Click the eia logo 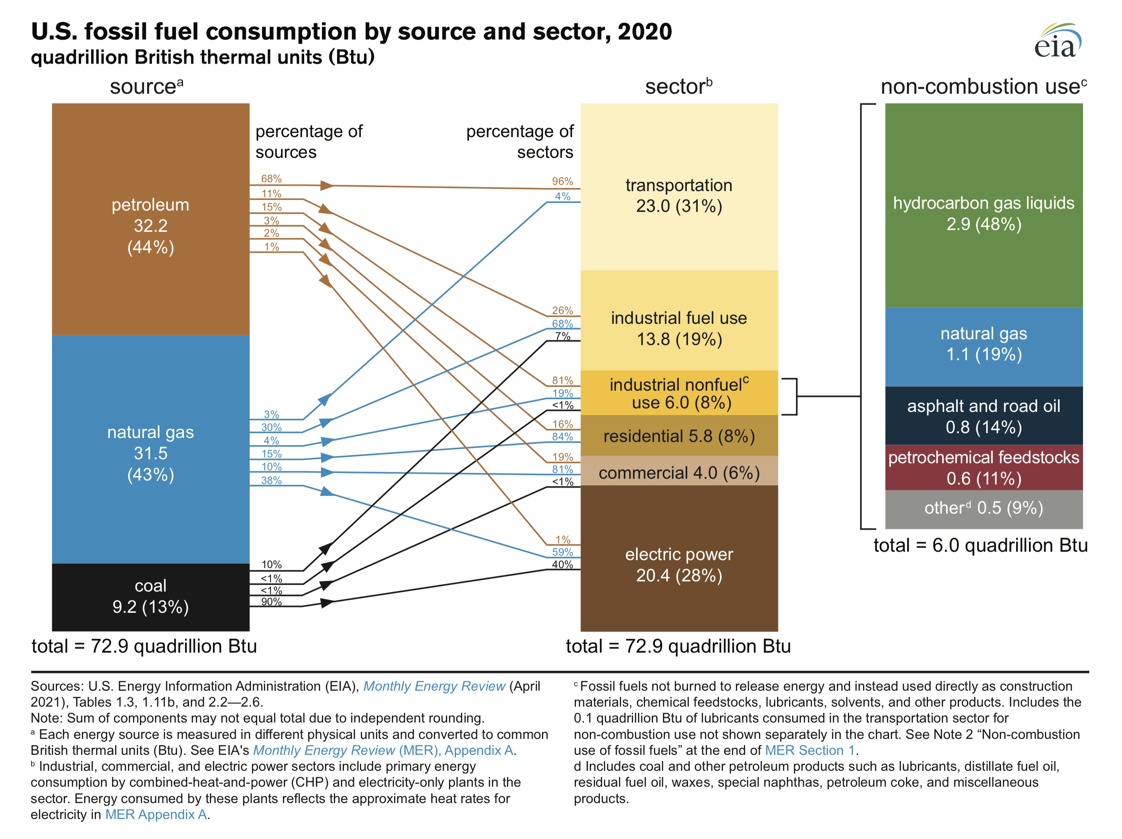[1057, 42]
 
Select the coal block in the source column [151, 597]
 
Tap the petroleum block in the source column [151, 226]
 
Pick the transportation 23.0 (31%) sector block [679, 195]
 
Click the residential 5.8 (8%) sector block [679, 436]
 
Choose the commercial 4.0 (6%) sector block [679, 473]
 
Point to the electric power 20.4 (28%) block [679, 564]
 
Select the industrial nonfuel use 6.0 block [679, 393]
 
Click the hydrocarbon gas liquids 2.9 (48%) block [983, 213]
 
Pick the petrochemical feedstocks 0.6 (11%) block [983, 467]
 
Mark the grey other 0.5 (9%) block [983, 508]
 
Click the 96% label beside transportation [562, 181]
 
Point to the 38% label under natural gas [271, 480]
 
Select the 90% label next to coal [271, 602]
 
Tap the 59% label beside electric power [562, 552]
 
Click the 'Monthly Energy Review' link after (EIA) [434, 686]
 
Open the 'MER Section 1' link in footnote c [810, 750]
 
